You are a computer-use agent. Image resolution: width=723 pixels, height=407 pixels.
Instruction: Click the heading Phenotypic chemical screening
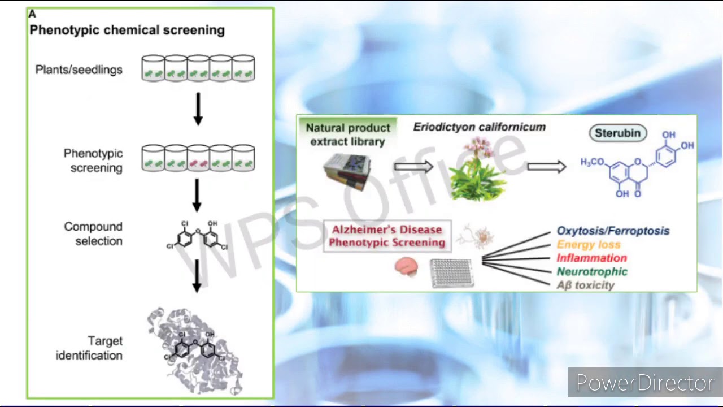pos(127,30)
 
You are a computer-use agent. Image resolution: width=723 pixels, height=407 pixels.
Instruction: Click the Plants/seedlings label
pos(79,70)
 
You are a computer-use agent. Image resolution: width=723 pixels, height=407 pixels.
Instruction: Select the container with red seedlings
pos(198,158)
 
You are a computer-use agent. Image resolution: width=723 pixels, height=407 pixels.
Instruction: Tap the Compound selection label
pos(93,233)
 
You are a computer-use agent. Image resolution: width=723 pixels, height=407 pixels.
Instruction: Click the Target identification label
pos(89,348)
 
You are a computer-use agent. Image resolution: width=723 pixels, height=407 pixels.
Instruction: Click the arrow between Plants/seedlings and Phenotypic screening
pos(198,109)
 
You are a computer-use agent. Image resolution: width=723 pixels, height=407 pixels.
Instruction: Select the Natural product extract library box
pos(347,134)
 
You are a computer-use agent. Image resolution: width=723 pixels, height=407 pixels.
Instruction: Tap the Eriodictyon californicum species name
pos(479,127)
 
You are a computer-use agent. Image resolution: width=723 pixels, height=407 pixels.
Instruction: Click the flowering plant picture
pos(478,170)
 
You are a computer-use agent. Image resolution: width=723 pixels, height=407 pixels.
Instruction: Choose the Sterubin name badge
pos(618,133)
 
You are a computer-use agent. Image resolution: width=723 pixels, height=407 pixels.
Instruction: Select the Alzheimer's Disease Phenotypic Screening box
pos(387,236)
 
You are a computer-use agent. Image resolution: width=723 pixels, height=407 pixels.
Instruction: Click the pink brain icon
pos(406,267)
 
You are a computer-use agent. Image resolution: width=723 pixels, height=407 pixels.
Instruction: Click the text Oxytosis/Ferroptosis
pos(613,231)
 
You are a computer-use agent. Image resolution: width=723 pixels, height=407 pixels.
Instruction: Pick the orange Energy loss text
pos(588,244)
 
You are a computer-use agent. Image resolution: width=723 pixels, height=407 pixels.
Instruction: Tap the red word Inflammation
pos(591,258)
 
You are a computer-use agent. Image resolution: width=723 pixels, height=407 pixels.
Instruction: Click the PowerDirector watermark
pos(644,383)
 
